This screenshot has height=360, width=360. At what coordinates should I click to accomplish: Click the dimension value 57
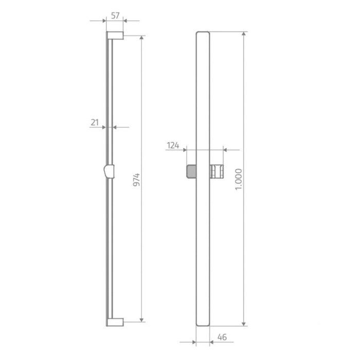click(115, 16)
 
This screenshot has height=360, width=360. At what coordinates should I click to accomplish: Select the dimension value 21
click(95, 122)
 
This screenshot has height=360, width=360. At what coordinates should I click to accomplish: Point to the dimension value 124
click(173, 146)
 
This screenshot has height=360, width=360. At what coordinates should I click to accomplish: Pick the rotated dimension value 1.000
click(238, 179)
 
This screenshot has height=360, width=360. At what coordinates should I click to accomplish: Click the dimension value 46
click(222, 337)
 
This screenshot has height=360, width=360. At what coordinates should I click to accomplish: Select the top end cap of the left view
click(115, 35)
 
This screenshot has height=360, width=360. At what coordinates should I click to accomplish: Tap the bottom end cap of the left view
click(115, 322)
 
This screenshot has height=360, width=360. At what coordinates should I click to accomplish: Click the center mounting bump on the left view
click(109, 170)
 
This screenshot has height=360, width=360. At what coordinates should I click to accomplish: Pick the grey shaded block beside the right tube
click(191, 170)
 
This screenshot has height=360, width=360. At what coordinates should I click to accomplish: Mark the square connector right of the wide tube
click(217, 170)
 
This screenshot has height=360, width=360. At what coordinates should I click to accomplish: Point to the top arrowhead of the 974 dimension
click(141, 38)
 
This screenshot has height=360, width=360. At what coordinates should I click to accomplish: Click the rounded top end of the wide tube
click(203, 34)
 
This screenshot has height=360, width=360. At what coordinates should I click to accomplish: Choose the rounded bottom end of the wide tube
click(203, 323)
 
